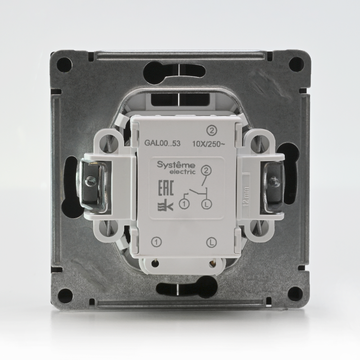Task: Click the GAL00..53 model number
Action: point(162,143)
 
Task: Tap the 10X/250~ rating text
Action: point(208,144)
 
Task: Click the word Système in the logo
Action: point(176,165)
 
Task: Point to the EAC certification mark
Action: point(166,188)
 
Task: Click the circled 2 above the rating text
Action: point(211,130)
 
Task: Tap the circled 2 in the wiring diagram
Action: point(206,171)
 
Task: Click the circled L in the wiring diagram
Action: point(207,205)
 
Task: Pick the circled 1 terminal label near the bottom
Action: point(157,242)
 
